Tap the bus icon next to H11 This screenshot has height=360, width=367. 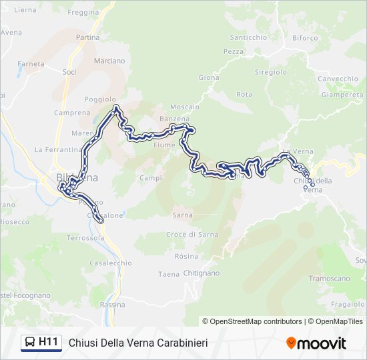30,343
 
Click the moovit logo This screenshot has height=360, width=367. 316,343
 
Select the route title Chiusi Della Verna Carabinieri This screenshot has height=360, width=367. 138,343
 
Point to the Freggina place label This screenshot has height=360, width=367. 83,13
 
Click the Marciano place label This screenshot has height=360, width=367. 109,61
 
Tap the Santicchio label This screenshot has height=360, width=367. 248,38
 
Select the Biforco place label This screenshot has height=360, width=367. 305,38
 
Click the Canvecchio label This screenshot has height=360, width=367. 338,79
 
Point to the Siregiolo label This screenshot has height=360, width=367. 271,71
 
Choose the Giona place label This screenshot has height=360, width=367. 209,78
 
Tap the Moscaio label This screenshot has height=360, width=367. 185,107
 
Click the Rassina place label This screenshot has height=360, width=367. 112,305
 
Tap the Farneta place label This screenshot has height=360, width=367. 31,64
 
